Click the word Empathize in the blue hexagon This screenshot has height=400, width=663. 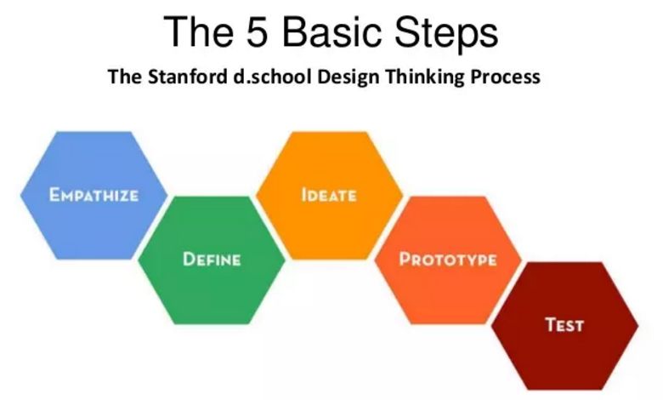93,195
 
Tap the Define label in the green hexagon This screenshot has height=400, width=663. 212,259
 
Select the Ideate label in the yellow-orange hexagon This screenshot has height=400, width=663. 329,195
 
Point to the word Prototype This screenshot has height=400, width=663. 448,259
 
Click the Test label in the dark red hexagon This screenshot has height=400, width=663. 565,324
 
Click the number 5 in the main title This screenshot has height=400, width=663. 257,32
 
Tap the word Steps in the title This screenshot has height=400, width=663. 446,34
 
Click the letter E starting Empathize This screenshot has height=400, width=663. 54,195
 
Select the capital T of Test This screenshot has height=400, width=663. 552,324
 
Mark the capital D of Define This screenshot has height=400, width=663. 189,259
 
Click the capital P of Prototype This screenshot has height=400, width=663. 405,259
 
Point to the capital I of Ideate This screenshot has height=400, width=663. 303,195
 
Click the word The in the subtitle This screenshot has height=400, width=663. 125,77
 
